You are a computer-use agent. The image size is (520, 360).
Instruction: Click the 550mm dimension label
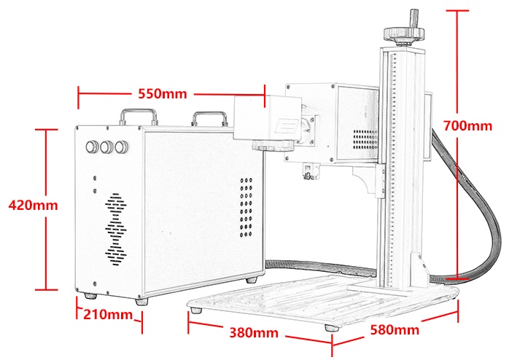click(162, 94)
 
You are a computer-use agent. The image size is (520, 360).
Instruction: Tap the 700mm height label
click(467, 126)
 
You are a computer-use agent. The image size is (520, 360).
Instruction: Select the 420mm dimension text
click(33, 206)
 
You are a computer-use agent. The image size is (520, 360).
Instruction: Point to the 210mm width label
click(107, 314)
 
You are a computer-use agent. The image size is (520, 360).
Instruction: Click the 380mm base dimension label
click(254, 332)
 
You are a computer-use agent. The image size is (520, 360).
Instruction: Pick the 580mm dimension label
click(395, 330)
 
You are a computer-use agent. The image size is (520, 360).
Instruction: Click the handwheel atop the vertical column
click(405, 33)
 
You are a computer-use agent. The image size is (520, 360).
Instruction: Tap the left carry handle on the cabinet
click(139, 117)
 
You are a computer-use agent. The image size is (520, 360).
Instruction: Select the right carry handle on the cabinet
click(210, 119)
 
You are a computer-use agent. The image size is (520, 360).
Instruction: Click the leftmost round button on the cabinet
click(92, 147)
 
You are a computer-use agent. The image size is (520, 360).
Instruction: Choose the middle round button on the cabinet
click(106, 147)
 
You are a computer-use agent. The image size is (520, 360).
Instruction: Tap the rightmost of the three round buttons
click(122, 147)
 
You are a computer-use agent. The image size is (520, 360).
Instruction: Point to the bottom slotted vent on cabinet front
click(116, 255)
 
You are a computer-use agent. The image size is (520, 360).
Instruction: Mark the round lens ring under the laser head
click(273, 145)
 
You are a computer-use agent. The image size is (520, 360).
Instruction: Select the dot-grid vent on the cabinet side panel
click(246, 208)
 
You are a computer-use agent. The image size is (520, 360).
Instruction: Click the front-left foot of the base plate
click(197, 310)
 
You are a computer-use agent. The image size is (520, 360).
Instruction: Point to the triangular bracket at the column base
click(419, 270)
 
